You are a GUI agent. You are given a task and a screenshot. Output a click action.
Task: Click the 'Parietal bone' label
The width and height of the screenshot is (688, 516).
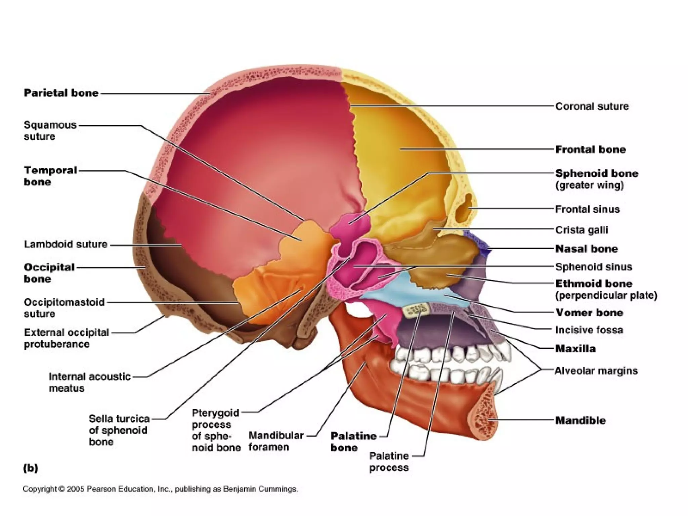[61, 93]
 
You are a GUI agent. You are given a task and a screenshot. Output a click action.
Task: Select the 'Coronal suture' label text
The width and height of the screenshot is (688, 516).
[592, 106]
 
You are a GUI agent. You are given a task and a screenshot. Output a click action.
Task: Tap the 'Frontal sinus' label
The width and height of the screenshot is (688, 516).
[587, 209]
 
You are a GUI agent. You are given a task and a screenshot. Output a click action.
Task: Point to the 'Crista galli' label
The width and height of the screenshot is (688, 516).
[582, 230]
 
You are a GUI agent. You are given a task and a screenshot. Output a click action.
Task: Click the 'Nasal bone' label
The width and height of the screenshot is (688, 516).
[587, 249]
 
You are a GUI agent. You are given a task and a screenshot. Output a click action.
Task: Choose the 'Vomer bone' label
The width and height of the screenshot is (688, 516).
[589, 313]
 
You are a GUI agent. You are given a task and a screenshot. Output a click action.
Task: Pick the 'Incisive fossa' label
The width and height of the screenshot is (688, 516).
[589, 330]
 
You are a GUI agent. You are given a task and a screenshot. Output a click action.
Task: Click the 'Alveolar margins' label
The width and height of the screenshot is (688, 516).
[596, 371]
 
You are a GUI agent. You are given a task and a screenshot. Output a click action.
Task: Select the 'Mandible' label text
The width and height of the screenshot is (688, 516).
[580, 420]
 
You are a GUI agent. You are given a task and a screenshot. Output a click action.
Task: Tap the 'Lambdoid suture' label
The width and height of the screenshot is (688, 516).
[66, 244]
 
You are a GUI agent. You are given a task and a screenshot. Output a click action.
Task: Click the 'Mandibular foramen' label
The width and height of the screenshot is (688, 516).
[276, 441]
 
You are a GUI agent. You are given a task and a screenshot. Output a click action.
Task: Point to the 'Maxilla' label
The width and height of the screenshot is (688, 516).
[575, 349]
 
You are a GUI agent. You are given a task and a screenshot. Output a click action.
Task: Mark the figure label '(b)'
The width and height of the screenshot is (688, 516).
[31, 468]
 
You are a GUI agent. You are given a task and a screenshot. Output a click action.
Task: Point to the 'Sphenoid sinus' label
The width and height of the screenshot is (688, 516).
[594, 267]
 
